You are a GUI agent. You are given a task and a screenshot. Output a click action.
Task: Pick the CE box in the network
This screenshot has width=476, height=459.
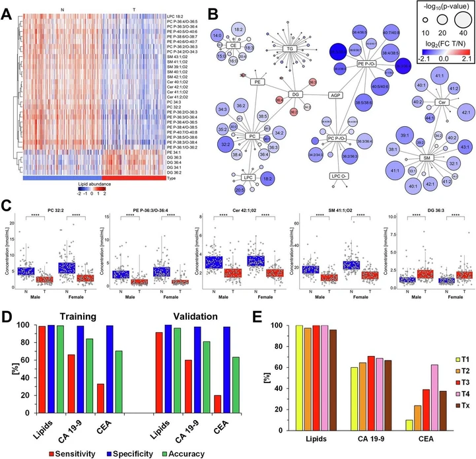(232, 46)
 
